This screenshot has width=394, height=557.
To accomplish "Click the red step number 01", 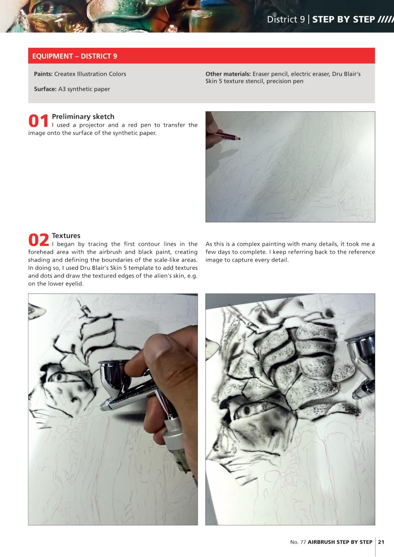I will click(x=39, y=121).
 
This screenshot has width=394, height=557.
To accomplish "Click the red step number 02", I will click(x=39, y=240).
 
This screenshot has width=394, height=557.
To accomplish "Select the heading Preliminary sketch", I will click(x=83, y=117).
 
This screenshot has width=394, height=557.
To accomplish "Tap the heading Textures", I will click(x=66, y=236).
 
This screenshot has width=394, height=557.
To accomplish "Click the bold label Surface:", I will click(x=45, y=89).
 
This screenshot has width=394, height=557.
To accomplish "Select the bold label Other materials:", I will click(x=228, y=74).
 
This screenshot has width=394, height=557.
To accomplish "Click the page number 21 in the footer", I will click(x=381, y=542).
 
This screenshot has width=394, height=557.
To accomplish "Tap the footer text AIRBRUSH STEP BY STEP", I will click(x=340, y=542).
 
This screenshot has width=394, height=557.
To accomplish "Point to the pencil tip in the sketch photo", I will click(x=239, y=138).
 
